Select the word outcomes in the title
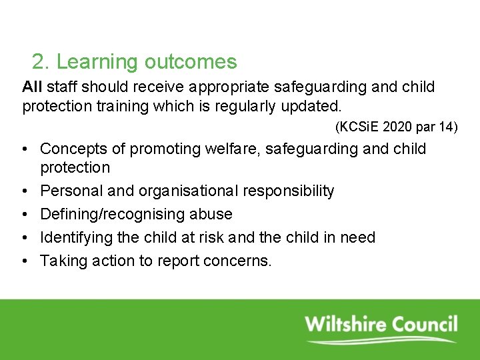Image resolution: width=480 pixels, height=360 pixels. [191, 62]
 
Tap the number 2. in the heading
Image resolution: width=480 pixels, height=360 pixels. [41, 62]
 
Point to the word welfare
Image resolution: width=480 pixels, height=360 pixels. [234, 149]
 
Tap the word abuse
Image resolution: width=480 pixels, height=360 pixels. [210, 215]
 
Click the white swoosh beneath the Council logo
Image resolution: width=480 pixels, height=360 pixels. [380, 341]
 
